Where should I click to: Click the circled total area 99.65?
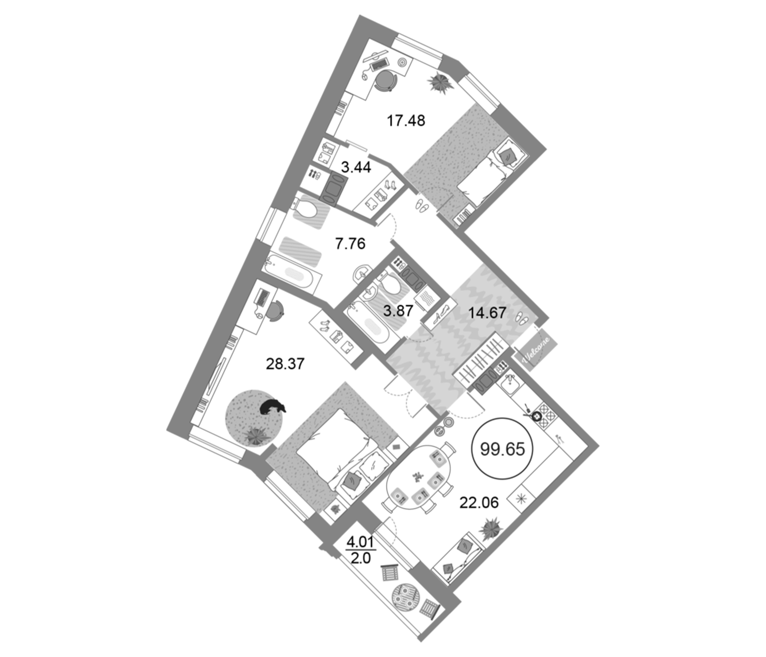pos(502,449)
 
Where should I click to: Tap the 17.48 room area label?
pos(406,120)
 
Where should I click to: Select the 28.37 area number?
pos(285,364)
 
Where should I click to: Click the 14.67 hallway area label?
pos(487,313)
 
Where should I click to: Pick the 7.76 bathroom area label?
pos(350,244)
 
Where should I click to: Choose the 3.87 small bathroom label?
pos(398,311)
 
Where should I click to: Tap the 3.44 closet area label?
pos(356,168)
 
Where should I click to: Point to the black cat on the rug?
pos(272,407)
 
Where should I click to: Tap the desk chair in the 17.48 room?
pos(386,80)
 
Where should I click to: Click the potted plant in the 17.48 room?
pos(440,82)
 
